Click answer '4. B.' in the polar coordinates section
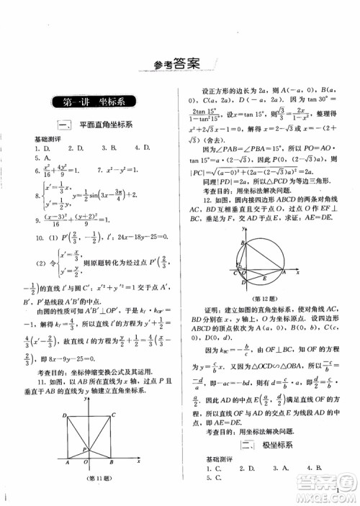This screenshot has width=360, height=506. pyautogui.click(x=315, y=469)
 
